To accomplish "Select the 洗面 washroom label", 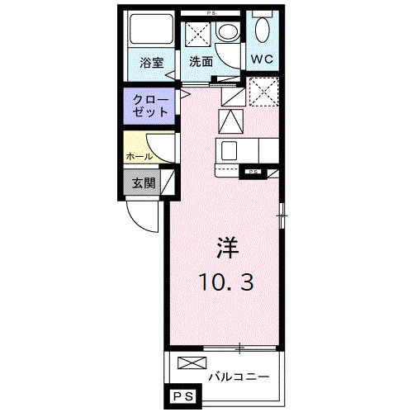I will tap(201, 61).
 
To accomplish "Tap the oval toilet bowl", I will tap(263, 31).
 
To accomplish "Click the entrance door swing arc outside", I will tap(142, 216).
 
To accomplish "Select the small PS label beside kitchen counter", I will tap(251, 172).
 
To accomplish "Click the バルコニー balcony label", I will tap(239, 376).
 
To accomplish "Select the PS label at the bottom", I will tap(182, 399).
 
